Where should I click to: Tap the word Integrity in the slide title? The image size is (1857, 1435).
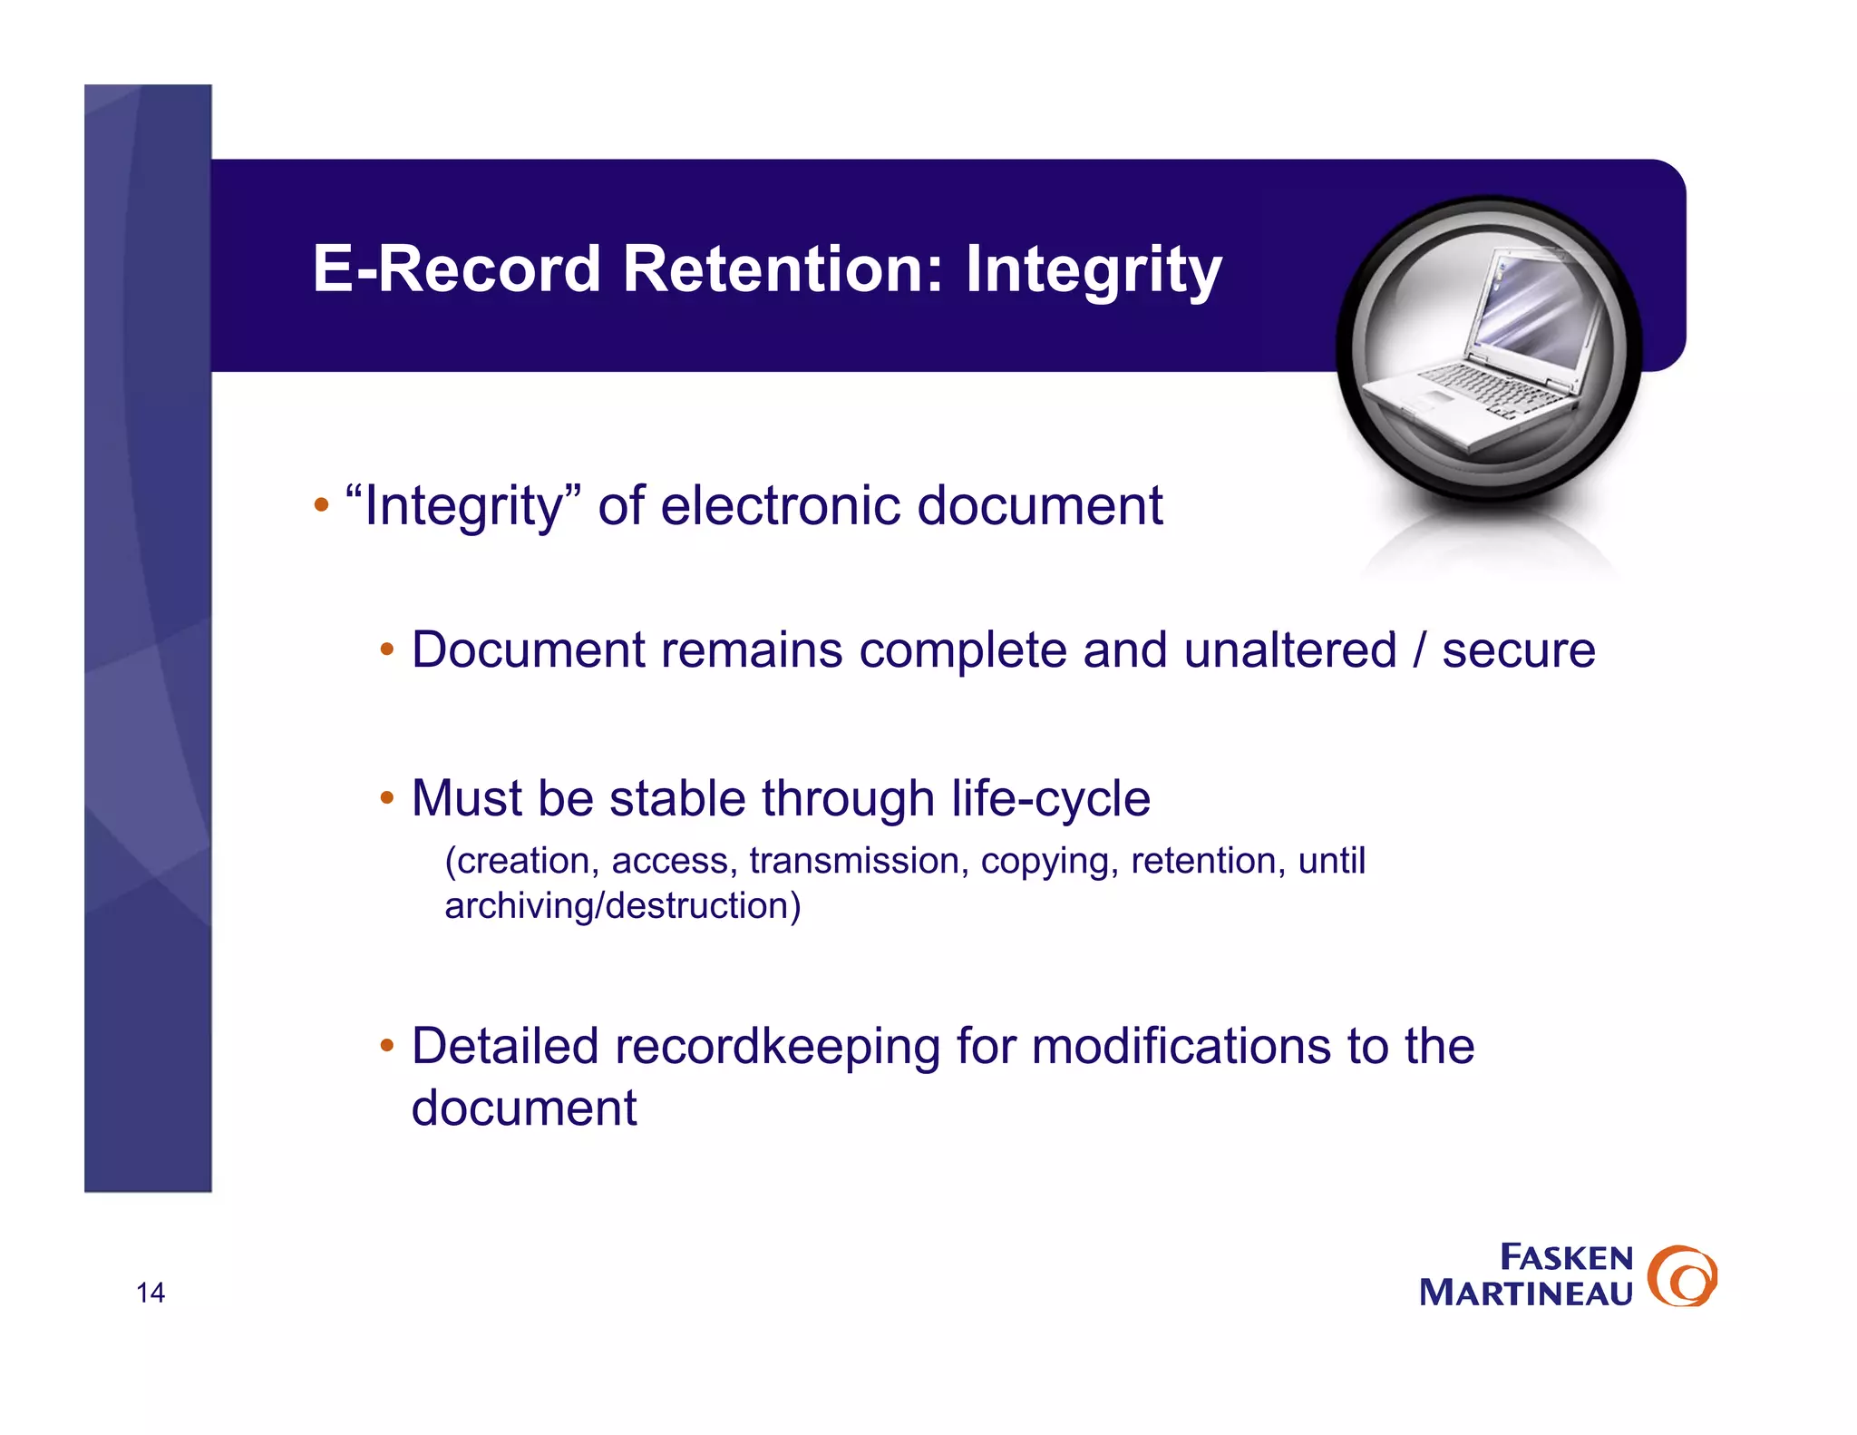point(1093,271)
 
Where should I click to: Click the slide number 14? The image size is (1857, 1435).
point(151,1293)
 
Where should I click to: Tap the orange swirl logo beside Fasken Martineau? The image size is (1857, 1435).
point(1682,1276)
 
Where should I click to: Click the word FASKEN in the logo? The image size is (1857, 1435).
point(1566,1258)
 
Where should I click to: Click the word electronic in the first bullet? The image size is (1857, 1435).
point(780,505)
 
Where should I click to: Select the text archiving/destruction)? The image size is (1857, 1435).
point(623,906)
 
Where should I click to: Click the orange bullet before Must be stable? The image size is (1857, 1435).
point(387,799)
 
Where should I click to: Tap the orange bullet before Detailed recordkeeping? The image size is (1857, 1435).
point(387,1046)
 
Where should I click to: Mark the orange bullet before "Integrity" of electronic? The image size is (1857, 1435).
point(321,505)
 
